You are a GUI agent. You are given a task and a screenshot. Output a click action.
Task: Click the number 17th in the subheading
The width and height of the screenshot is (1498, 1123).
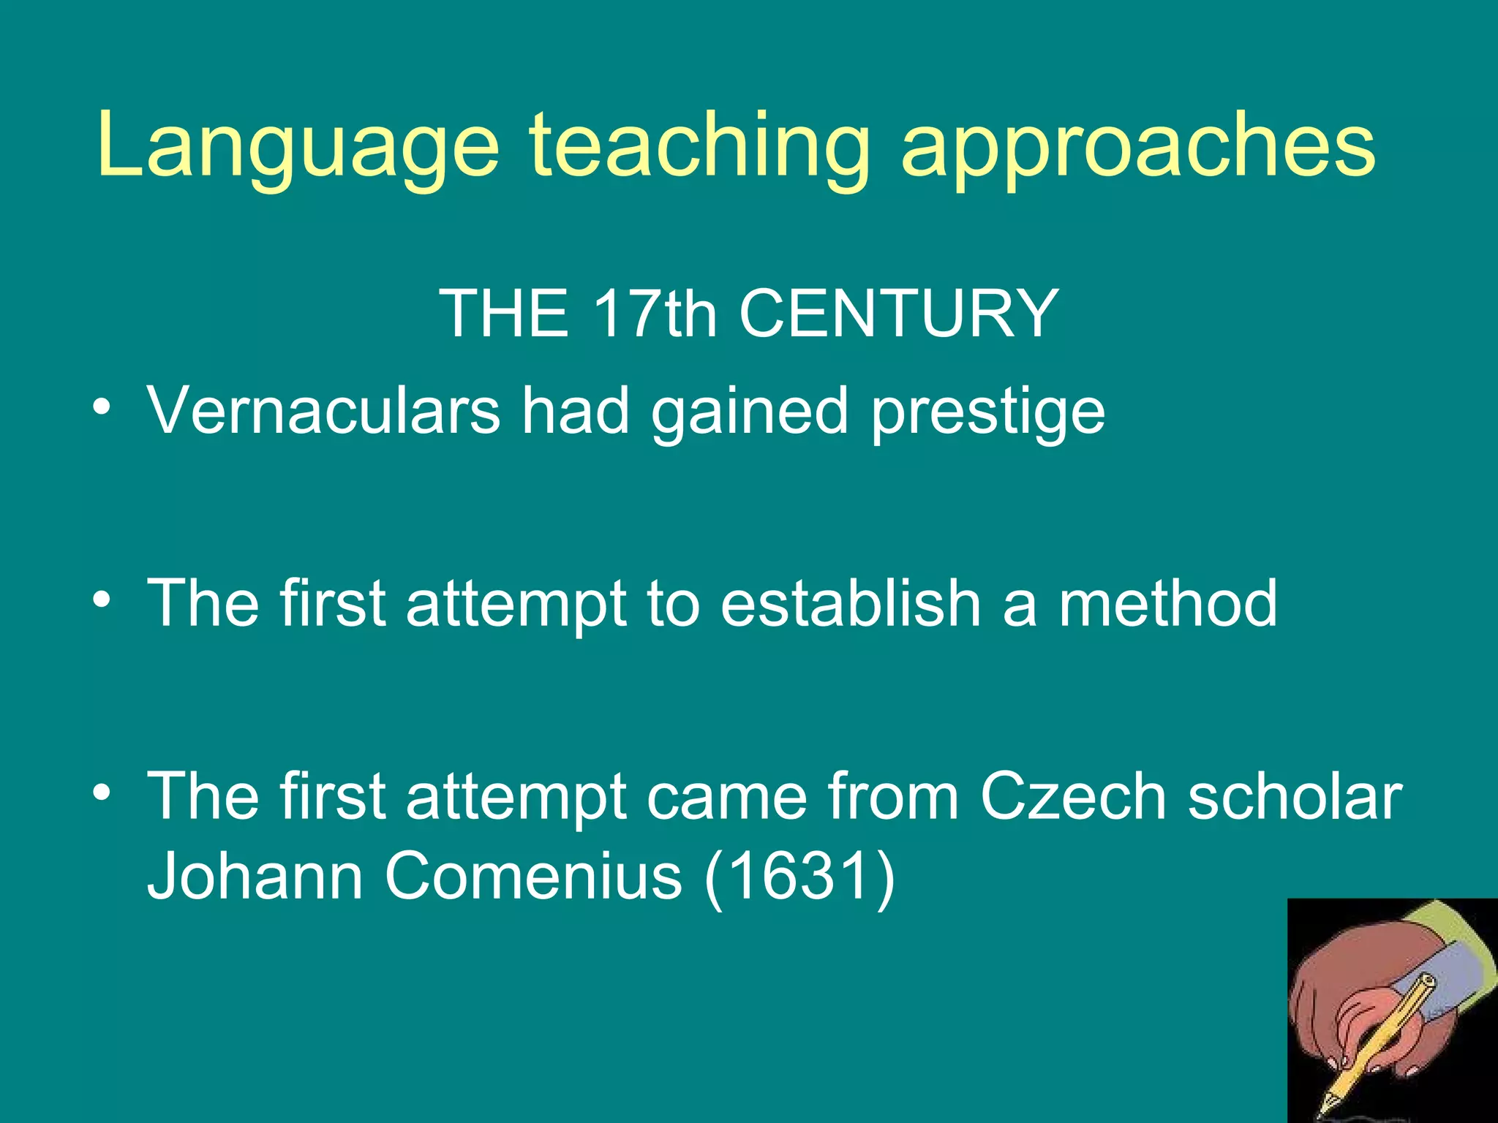(x=655, y=314)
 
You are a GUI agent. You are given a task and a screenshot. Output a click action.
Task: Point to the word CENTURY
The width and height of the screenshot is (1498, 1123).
(x=899, y=314)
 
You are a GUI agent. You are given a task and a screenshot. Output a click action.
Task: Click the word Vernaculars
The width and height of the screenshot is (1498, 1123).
(x=323, y=411)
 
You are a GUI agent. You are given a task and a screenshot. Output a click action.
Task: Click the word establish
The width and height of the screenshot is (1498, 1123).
(x=850, y=603)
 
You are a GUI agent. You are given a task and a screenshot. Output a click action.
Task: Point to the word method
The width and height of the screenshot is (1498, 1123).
(x=1168, y=603)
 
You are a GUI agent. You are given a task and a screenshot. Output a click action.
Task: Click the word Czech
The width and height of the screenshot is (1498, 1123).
(x=1073, y=796)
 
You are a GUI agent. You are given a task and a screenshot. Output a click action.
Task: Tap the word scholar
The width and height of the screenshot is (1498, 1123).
(x=1295, y=796)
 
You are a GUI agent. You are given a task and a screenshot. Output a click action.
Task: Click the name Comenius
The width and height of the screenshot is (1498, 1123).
(x=533, y=876)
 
